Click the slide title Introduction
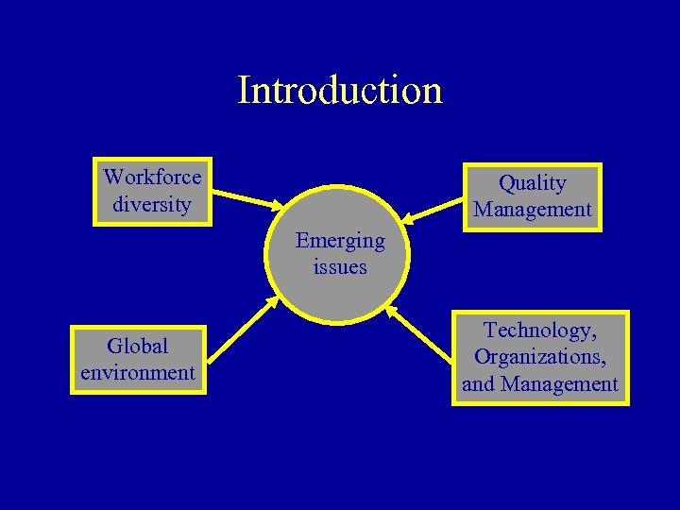(340, 91)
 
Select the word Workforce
(152, 177)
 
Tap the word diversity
(151, 203)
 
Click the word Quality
(533, 182)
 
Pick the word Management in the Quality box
(533, 209)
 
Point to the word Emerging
(340, 241)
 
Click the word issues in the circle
(340, 267)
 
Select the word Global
(138, 346)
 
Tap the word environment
(138, 372)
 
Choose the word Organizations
(540, 357)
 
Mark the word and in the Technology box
(479, 384)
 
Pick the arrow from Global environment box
(242, 330)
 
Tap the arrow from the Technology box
(421, 336)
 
